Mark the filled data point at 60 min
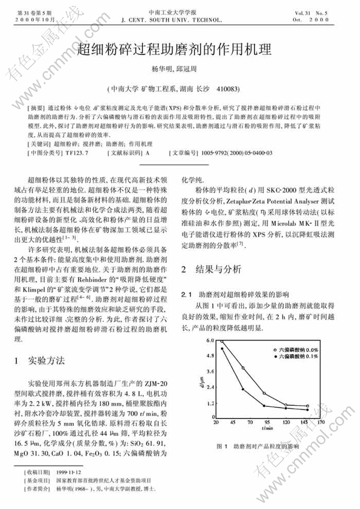pyautogui.click(x=242, y=389)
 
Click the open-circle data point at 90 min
pyautogui.click(x=264, y=393)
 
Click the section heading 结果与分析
pyautogui.click(x=217, y=269)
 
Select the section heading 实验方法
pyautogui.click(x=47, y=360)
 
